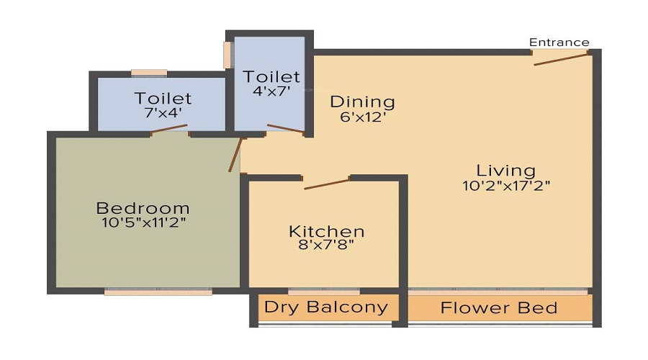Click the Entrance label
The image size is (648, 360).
click(x=559, y=42)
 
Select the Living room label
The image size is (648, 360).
click(x=506, y=171)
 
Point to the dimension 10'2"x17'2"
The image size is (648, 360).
click(x=507, y=185)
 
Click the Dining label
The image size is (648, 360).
click(x=362, y=102)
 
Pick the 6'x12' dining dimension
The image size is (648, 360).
click(x=362, y=116)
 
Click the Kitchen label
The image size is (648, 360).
click(x=326, y=231)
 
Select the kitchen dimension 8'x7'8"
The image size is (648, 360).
click(x=326, y=245)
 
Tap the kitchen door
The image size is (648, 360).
click(x=327, y=183)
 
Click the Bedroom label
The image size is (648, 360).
click(x=143, y=208)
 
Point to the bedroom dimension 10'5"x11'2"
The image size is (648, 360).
click(x=143, y=222)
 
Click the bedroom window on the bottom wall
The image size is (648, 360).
click(x=158, y=292)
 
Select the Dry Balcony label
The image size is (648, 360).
click(x=325, y=307)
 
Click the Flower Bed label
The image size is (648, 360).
click(x=499, y=308)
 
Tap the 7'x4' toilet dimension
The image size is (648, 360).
click(x=163, y=113)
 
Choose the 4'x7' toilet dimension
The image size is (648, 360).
click(x=271, y=91)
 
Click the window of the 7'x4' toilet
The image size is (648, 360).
click(x=149, y=73)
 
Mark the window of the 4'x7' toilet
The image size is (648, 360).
click(x=228, y=55)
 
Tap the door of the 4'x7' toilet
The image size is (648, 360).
click(x=285, y=130)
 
